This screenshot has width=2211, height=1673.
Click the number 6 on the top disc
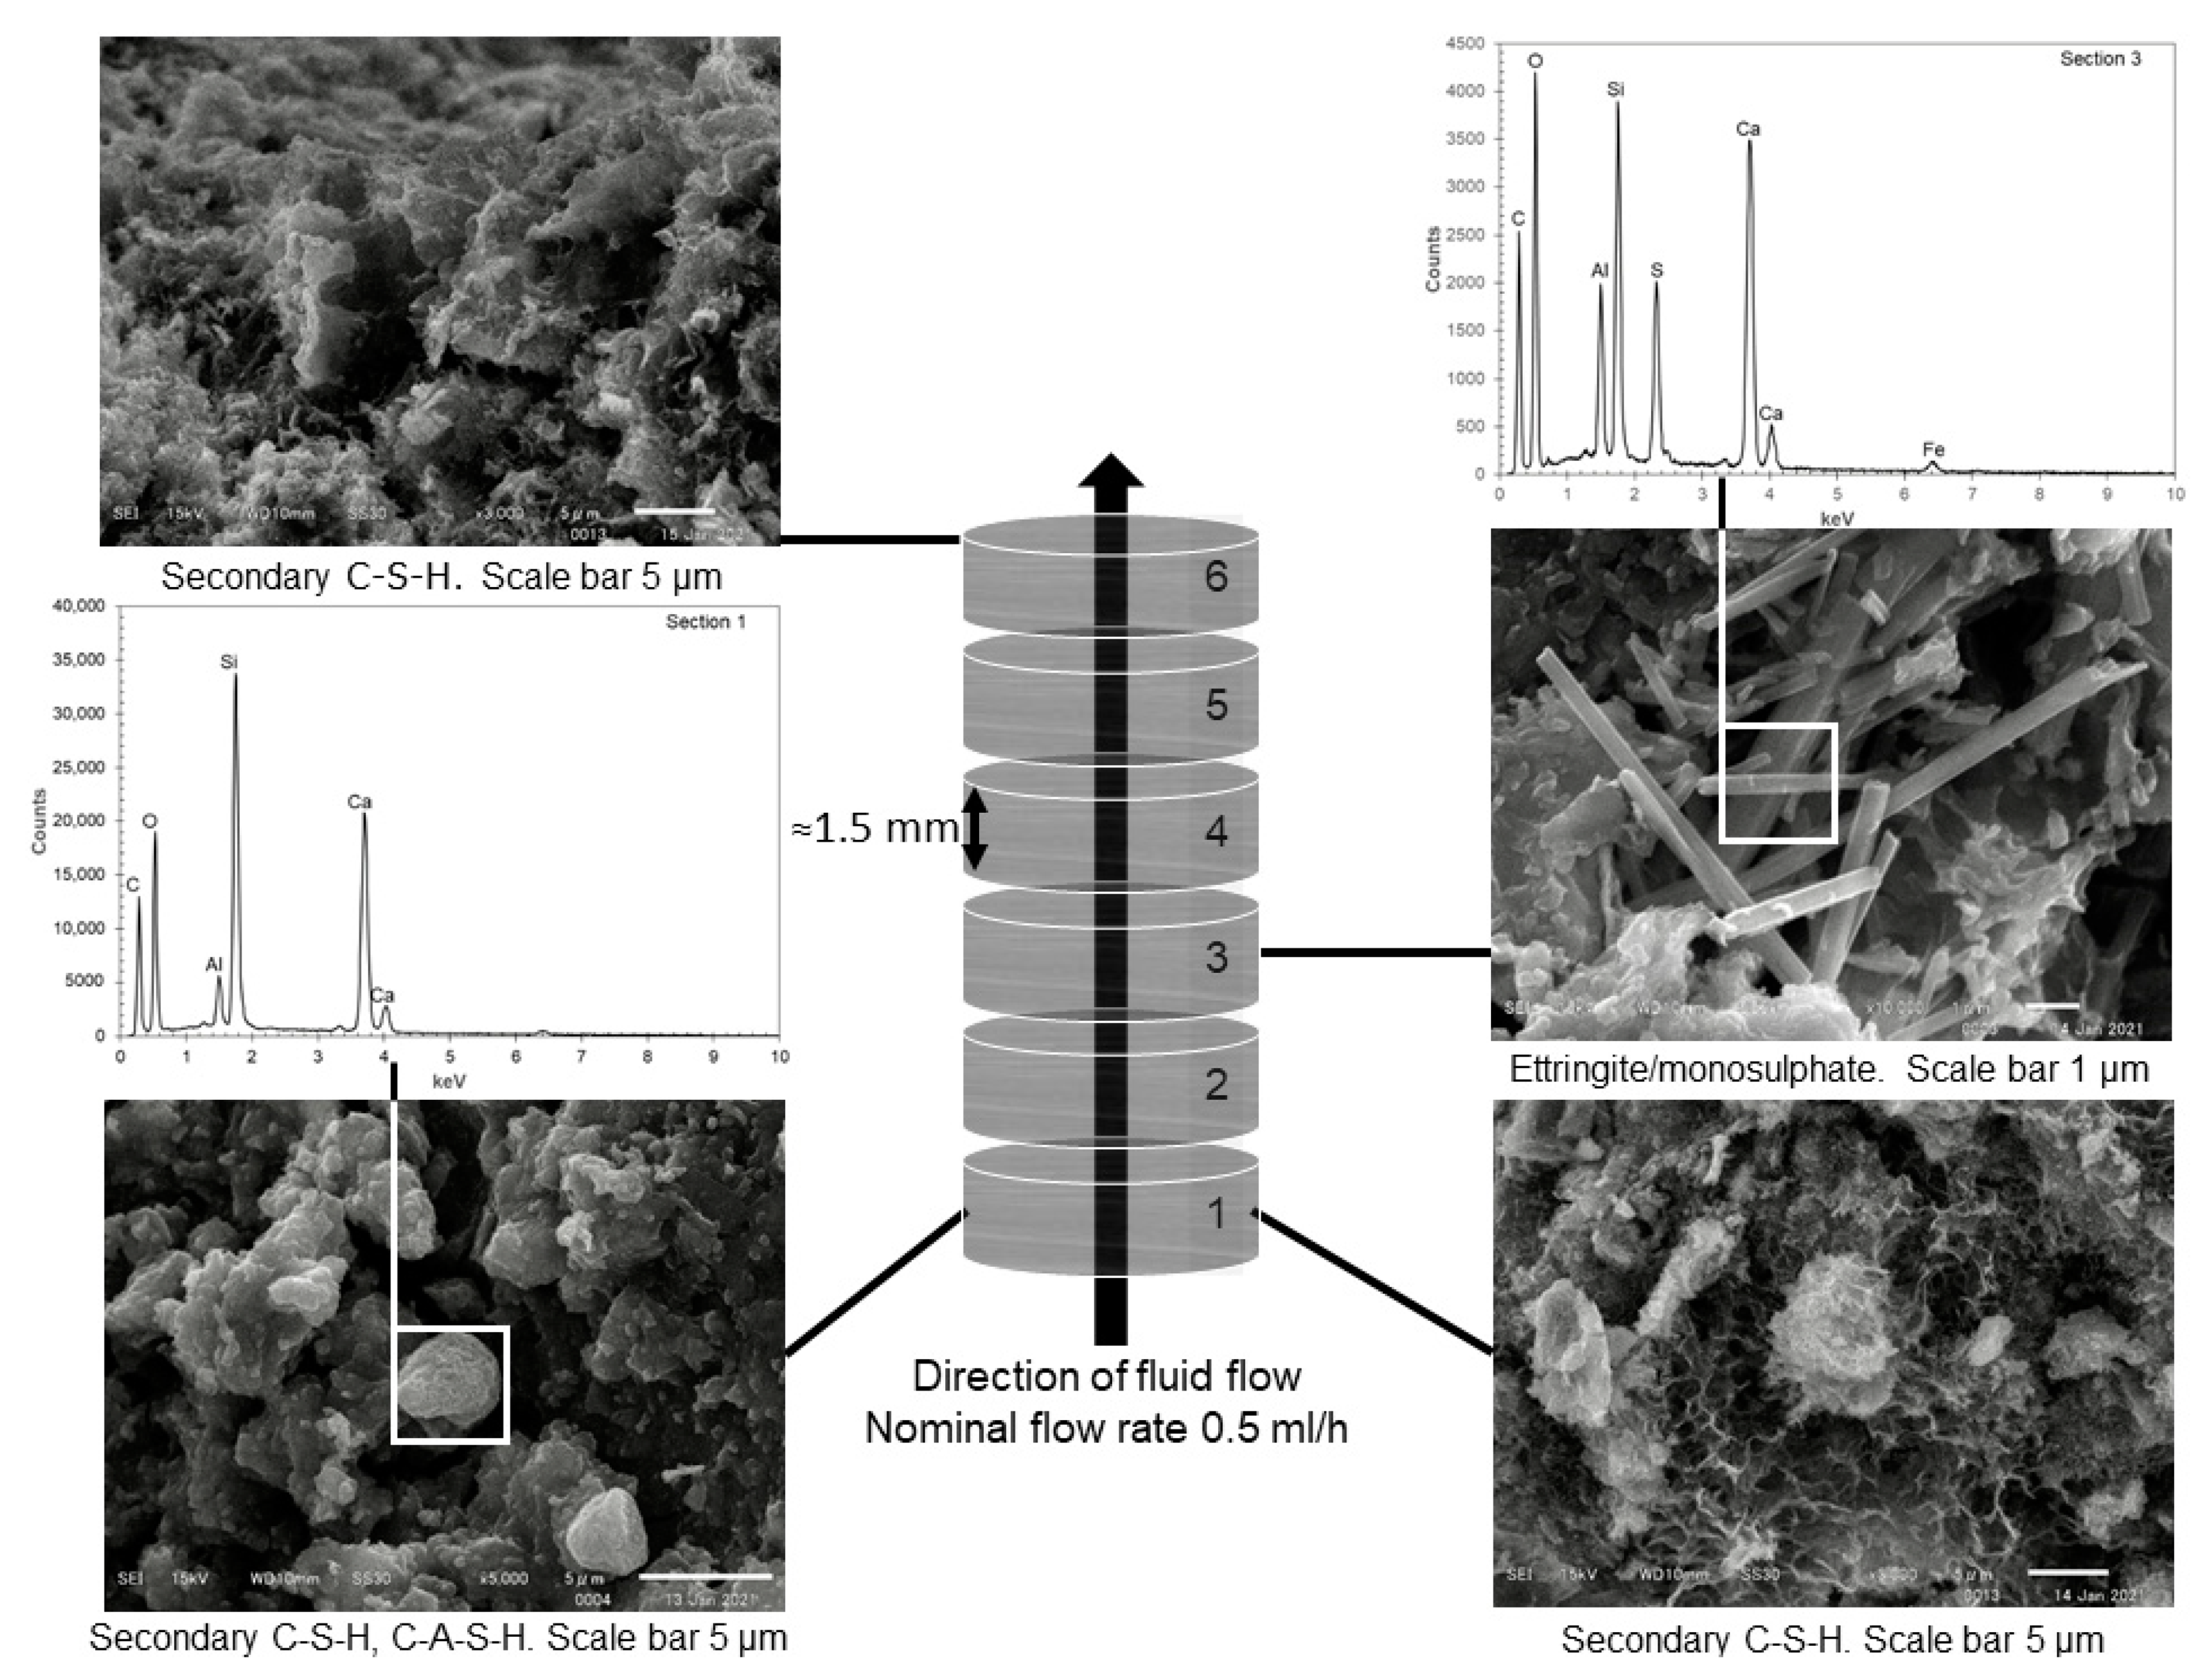pos(1216,577)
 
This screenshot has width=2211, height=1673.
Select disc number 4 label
pos(1216,831)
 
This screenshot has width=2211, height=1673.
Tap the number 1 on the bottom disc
pos(1216,1213)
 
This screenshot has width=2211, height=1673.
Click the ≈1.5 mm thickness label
pos(875,828)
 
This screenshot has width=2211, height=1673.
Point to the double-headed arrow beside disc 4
pos(975,828)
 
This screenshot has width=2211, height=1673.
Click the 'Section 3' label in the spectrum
pos(2100,59)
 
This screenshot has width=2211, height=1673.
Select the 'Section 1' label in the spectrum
pos(706,622)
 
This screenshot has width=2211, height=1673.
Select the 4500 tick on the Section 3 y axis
pos(1466,44)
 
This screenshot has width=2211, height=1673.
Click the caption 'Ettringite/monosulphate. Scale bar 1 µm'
pos(1828,1069)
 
